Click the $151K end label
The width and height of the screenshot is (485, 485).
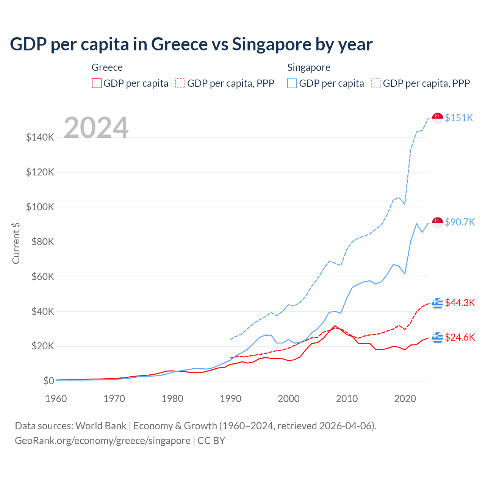[459, 118]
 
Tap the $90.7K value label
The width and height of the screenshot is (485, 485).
[460, 222]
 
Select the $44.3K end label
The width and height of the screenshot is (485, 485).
[460, 303]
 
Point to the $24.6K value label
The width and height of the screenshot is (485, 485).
[460, 337]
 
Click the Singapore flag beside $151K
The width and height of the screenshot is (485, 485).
[438, 118]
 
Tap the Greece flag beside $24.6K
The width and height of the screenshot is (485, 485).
[438, 337]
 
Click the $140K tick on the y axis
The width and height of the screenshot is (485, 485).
[40, 137]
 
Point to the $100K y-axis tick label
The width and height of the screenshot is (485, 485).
[40, 207]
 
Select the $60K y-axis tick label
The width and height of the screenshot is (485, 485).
[40, 277]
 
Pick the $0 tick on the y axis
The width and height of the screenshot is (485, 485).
[48, 381]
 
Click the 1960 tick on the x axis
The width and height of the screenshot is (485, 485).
[56, 399]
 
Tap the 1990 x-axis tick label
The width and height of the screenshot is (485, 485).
[230, 399]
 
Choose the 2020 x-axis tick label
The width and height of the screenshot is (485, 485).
[405, 399]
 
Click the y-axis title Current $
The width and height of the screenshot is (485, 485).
[16, 243]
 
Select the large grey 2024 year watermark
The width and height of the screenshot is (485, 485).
[96, 128]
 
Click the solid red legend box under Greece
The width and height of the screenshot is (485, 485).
[97, 83]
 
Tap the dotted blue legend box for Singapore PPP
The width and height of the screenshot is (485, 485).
[376, 83]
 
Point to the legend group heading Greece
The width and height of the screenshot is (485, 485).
[107, 67]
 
